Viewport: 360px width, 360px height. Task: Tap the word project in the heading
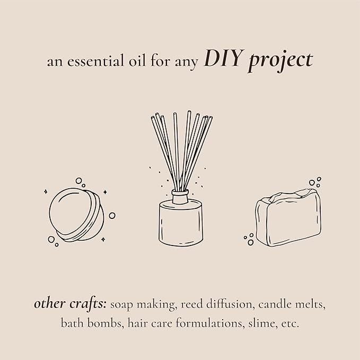point(281,62)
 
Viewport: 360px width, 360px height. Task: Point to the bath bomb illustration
point(76,215)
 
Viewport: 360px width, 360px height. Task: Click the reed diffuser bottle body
point(181,222)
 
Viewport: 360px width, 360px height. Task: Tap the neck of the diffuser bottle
point(180,197)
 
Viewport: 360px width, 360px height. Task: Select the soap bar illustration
point(288,217)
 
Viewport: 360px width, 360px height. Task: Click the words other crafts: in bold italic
point(71,304)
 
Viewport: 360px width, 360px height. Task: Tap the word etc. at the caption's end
point(290,324)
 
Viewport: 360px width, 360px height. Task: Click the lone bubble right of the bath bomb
point(112,215)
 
